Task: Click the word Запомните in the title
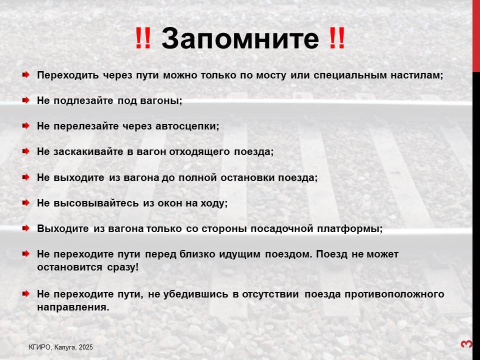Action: coord(240,38)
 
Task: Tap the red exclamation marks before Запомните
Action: coord(143,38)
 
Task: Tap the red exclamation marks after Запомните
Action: coord(337,38)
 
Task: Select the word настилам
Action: coord(416,75)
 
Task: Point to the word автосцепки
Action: coord(187,126)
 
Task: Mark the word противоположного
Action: coord(394,294)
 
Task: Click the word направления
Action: coord(73,307)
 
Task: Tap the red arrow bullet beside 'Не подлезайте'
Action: coord(26,100)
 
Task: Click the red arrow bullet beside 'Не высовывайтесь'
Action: coord(26,202)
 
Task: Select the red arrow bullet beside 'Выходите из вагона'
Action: coord(26,228)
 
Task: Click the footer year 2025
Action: coord(85,347)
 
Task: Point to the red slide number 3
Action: coord(466,344)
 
